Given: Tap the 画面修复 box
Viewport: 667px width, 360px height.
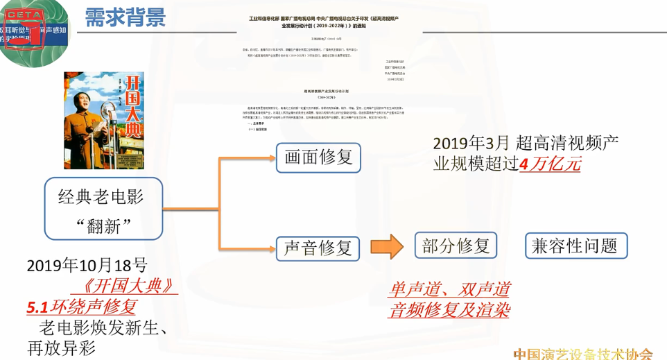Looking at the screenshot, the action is pos(318,157).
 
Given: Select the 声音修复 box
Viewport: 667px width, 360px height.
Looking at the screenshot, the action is pos(318,248).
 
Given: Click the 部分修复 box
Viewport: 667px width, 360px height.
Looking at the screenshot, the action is pos(456,246).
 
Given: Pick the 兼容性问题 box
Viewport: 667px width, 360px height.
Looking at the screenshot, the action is pos(575,246).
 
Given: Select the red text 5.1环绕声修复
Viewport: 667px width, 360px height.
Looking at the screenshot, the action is pos(82,306).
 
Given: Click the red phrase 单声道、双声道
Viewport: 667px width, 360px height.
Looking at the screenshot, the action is pos(449,289).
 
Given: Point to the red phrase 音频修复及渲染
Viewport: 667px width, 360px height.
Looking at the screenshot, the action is pos(449,309).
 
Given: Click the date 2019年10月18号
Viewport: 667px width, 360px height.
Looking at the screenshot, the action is pos(87,265).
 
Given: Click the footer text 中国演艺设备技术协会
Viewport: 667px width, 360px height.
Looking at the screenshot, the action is pos(582,353).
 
